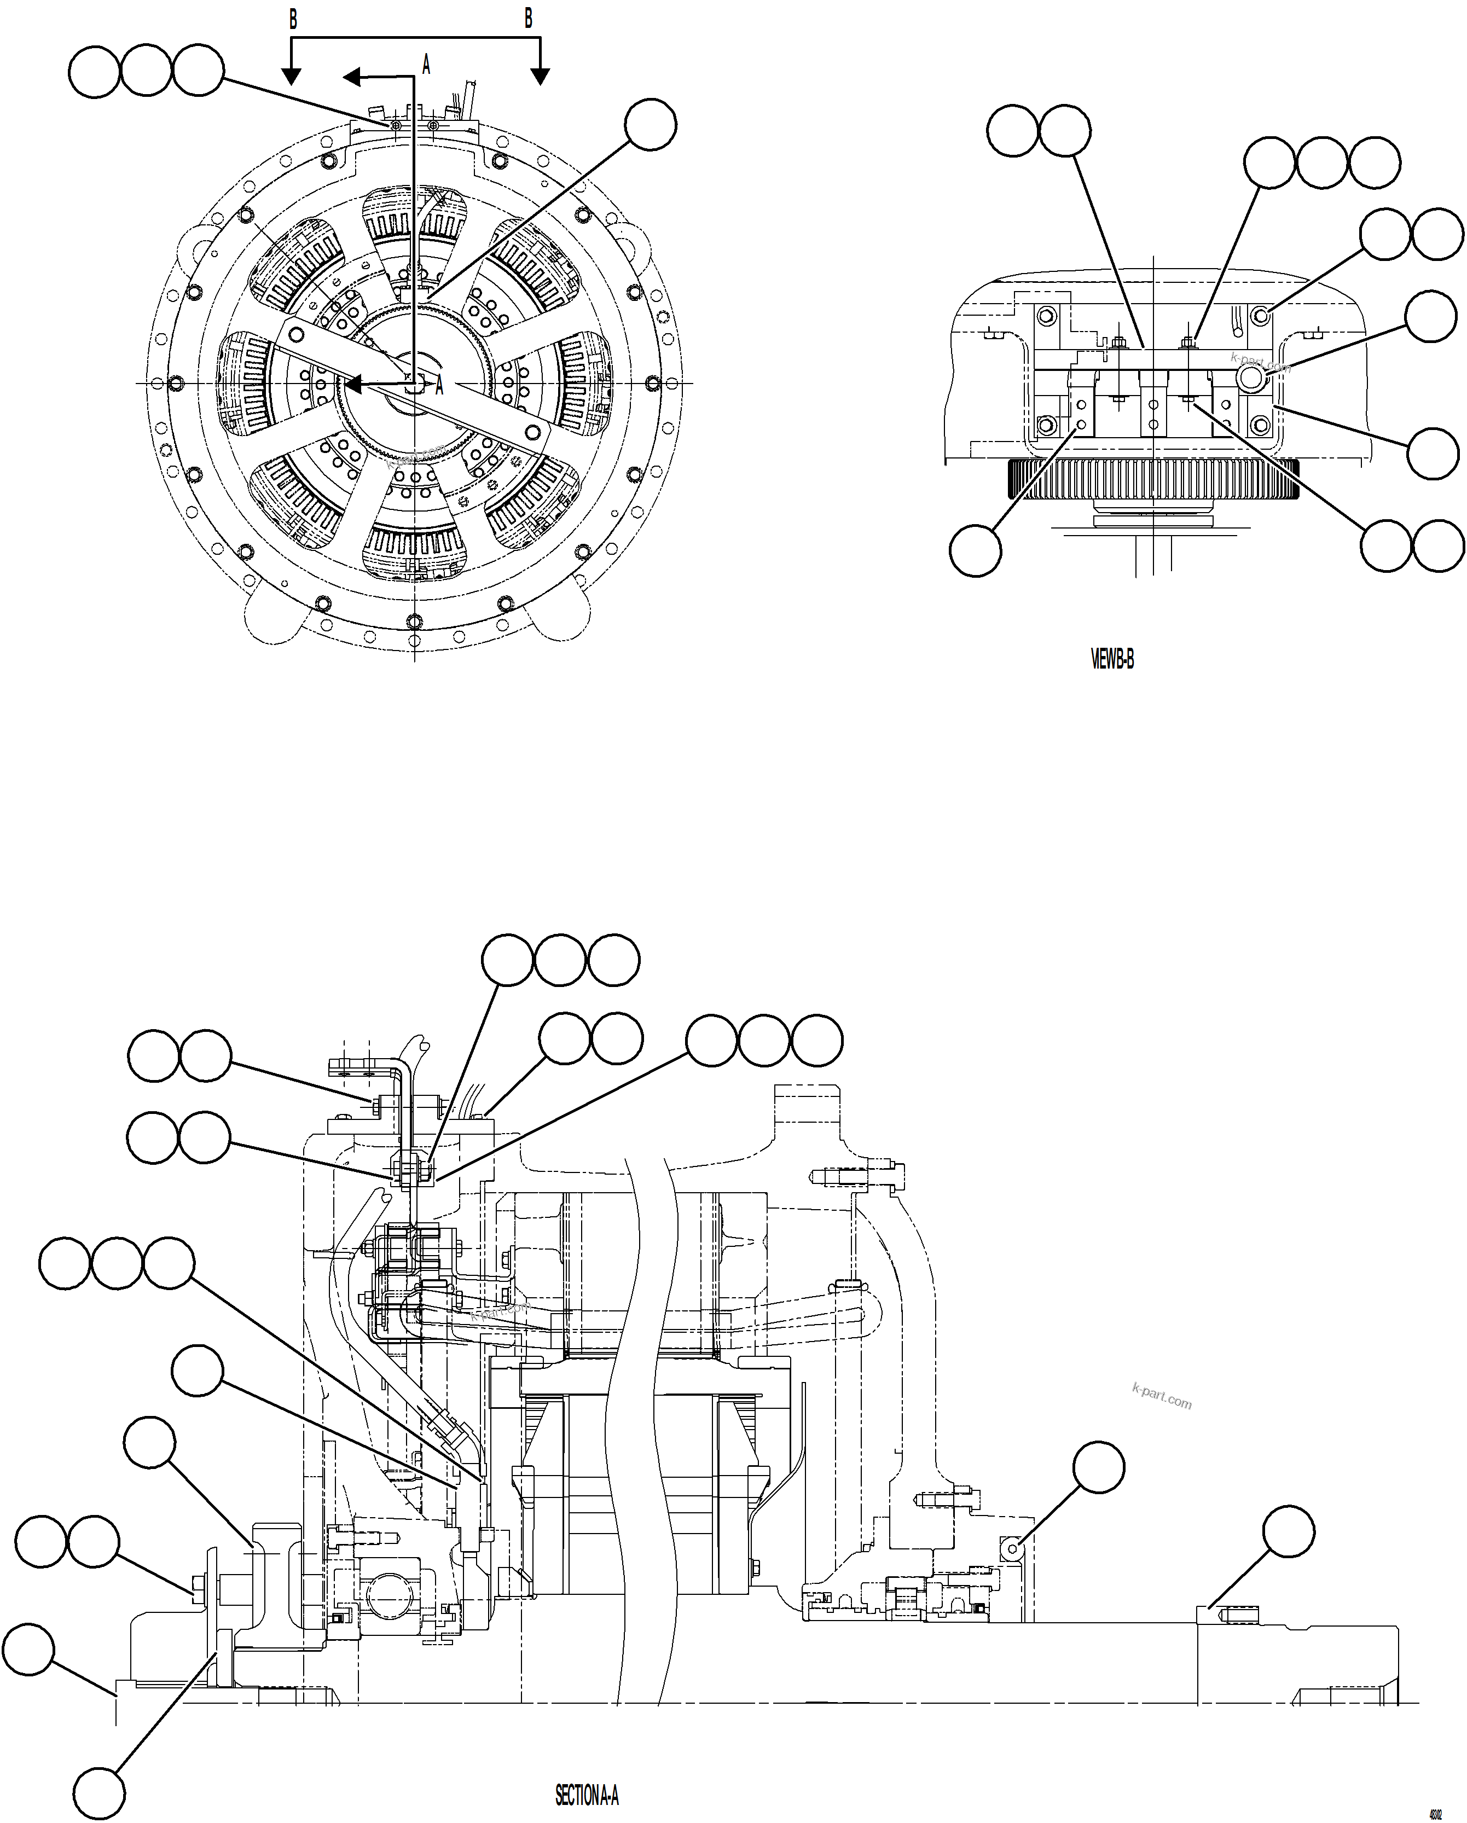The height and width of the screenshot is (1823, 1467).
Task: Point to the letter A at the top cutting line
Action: pos(426,64)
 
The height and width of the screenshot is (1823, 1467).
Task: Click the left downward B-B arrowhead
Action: pos(291,77)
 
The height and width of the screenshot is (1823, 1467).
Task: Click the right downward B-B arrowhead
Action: pos(540,77)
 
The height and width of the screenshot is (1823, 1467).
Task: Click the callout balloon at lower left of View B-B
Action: pos(976,550)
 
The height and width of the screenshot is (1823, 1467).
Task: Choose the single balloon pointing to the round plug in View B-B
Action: pos(1431,316)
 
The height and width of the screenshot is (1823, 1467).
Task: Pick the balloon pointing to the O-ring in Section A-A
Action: pos(1098,1468)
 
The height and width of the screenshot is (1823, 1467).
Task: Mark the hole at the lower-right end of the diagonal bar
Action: pos(532,432)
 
